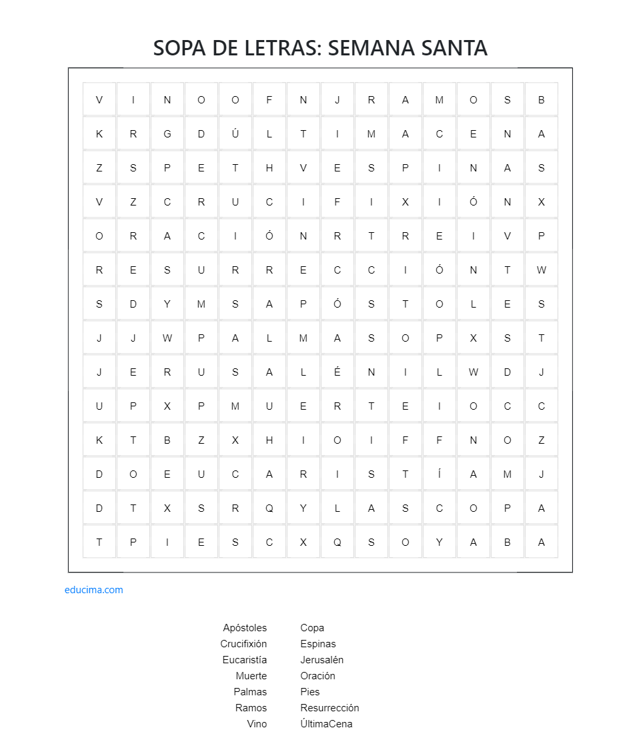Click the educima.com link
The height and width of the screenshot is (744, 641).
(94, 590)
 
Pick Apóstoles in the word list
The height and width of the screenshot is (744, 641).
(245, 628)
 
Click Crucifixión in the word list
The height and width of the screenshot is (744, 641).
(243, 644)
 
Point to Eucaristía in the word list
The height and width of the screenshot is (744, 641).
(245, 660)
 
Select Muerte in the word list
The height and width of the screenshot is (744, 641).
(251, 676)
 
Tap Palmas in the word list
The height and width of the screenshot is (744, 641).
(250, 692)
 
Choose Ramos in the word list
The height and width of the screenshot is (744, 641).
(251, 708)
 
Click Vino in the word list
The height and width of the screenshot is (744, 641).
(257, 724)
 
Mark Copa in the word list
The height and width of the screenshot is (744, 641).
(312, 628)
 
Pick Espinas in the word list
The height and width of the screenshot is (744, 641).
(318, 644)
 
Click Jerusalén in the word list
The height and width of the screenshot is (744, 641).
(322, 660)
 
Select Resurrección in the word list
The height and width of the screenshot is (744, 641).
(330, 708)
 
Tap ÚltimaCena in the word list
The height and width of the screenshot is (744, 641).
(326, 724)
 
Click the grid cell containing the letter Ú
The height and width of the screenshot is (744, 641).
(235, 133)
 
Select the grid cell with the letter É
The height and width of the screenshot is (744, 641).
(338, 372)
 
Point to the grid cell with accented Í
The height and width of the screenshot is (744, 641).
(440, 474)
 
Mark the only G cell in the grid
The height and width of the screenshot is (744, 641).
(167, 133)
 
